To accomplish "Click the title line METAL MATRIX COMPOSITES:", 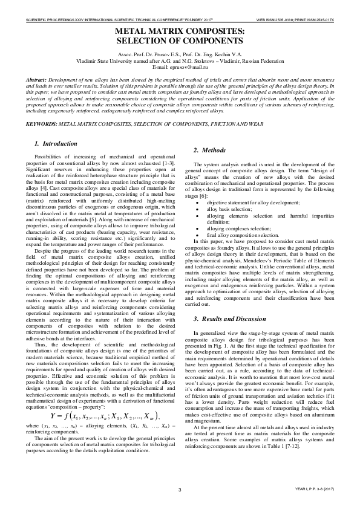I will [x=180, y=30].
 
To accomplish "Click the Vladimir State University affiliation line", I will [x=180, y=61].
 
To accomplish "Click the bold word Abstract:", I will [x=38, y=80].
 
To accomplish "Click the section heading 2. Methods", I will [x=209, y=150].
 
